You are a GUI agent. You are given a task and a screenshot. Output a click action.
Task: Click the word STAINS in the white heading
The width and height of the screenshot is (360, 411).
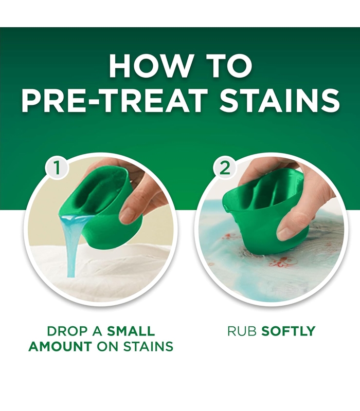(279, 101)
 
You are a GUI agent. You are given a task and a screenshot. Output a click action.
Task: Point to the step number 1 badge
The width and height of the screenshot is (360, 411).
(57, 168)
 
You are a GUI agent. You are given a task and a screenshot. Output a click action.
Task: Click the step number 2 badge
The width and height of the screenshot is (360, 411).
(225, 168)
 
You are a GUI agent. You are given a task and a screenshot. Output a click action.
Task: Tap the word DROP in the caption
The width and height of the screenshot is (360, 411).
(67, 331)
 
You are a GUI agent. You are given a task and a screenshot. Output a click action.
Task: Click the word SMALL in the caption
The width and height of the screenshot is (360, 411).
(131, 331)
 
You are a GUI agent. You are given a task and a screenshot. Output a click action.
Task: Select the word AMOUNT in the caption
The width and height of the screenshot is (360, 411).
(60, 346)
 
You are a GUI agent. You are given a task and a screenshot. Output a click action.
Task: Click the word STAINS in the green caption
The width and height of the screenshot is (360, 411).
(148, 346)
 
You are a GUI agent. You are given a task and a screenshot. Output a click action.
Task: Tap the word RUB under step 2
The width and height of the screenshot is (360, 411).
(242, 331)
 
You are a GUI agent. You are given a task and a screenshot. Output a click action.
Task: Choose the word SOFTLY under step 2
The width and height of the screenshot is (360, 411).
(289, 331)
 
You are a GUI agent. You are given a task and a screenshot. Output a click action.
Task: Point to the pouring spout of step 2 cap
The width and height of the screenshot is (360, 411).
(225, 208)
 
